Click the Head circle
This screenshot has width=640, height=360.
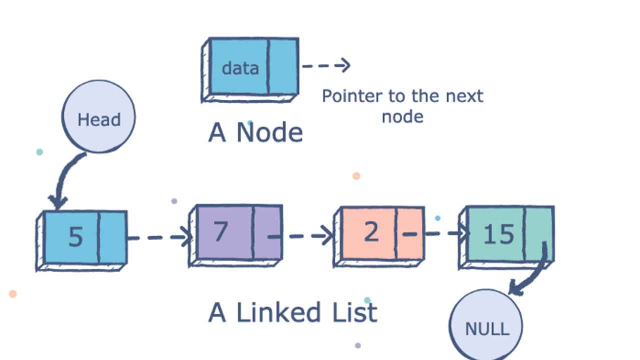(98, 116)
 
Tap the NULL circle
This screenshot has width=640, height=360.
(485, 325)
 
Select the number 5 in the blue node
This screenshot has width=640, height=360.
(75, 236)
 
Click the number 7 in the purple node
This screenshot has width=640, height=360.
(221, 231)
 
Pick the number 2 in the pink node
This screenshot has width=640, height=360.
(371, 231)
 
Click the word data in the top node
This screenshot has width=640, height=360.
(240, 68)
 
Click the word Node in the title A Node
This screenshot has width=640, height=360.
(269, 132)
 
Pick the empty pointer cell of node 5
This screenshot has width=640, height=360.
(112, 237)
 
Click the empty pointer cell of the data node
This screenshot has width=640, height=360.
(283, 66)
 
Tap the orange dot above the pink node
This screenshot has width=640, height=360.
(356, 176)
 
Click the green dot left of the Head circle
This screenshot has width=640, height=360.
(39, 151)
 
